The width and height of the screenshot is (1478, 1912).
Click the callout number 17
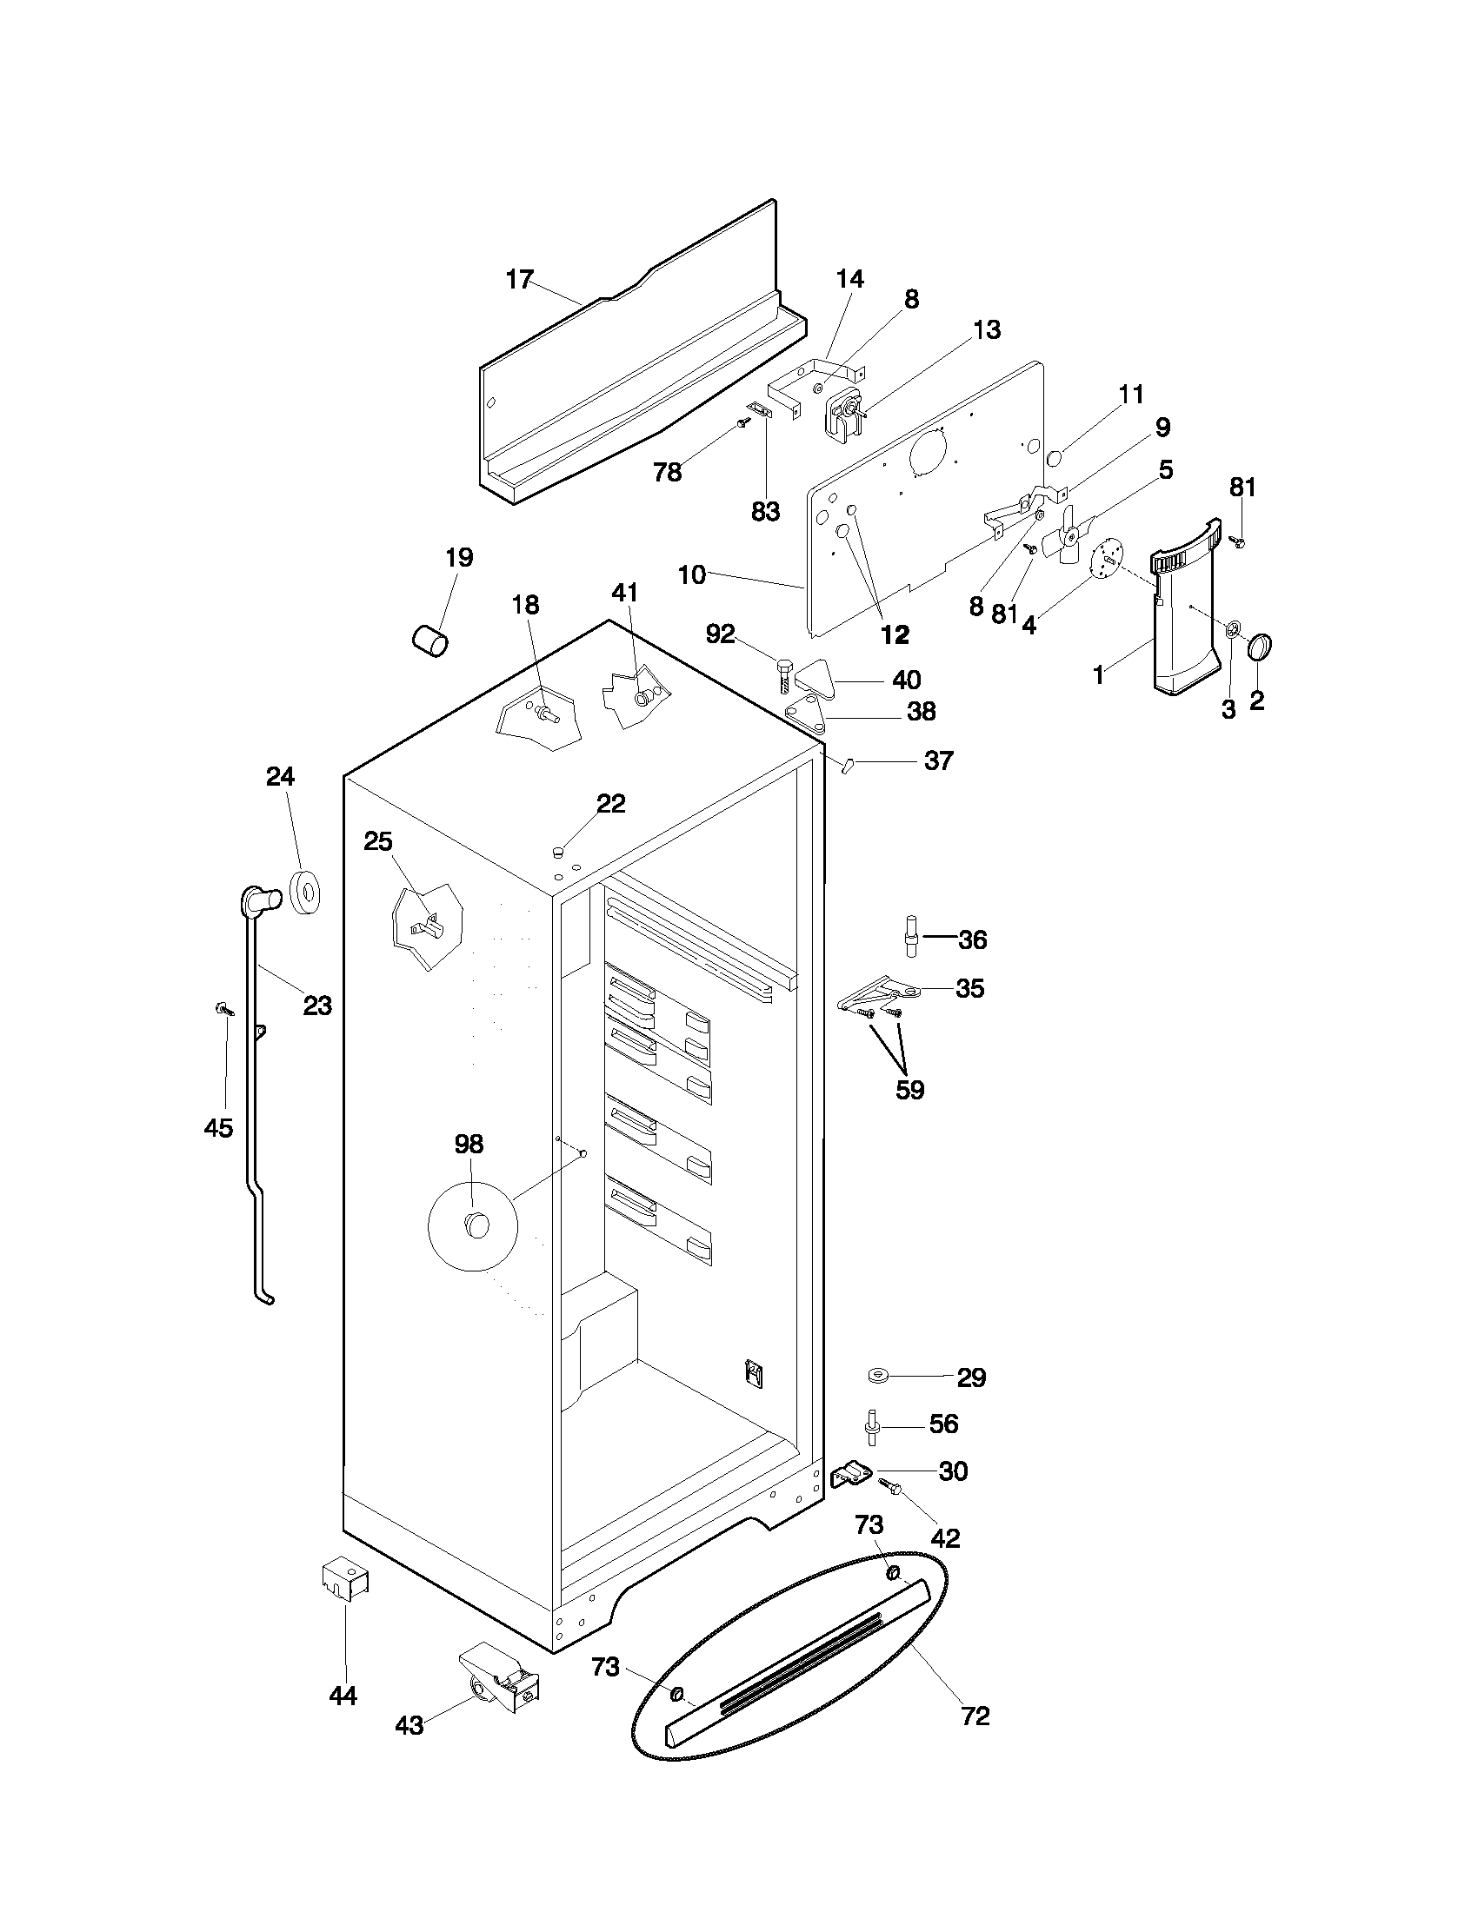pyautogui.click(x=519, y=279)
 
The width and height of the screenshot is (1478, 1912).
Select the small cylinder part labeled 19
pyautogui.click(x=429, y=639)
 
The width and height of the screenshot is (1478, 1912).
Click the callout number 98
pyautogui.click(x=469, y=1144)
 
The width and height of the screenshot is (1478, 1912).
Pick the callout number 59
pyautogui.click(x=909, y=1090)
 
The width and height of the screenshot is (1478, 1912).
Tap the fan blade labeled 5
pyautogui.click(x=1069, y=541)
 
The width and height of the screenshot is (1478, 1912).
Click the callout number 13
pyautogui.click(x=987, y=330)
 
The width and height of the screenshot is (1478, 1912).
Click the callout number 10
pyautogui.click(x=692, y=575)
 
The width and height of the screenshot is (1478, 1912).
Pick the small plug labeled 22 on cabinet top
pyautogui.click(x=557, y=851)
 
